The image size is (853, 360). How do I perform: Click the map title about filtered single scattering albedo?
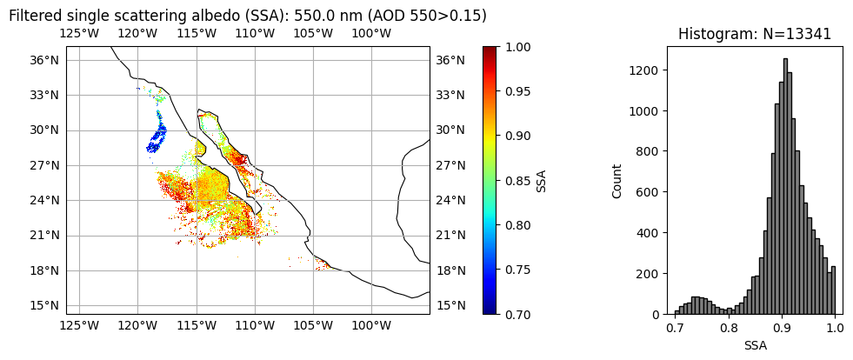tap(247, 16)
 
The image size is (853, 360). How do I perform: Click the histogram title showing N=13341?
tap(754, 34)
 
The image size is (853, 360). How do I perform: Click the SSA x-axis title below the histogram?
tap(755, 345)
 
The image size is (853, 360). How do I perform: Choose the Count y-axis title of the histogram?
tap(617, 181)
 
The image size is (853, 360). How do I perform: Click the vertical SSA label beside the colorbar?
tap(542, 181)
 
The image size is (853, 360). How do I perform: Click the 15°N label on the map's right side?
tap(450, 305)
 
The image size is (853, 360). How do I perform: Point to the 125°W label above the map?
tap(79, 34)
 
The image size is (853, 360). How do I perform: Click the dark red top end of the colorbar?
tap(490, 50)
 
